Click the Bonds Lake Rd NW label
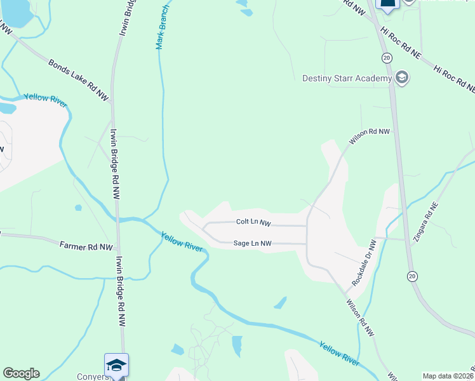(79, 79)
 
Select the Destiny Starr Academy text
(346, 78)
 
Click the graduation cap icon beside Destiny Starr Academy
(401, 78)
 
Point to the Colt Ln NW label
(253, 222)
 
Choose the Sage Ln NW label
(252, 243)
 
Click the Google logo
(21, 373)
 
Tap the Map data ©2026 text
(448, 376)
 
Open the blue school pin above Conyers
(116, 364)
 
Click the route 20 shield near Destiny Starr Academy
(387, 58)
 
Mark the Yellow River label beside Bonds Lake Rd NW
(45, 100)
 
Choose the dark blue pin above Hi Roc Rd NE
(387, 4)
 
